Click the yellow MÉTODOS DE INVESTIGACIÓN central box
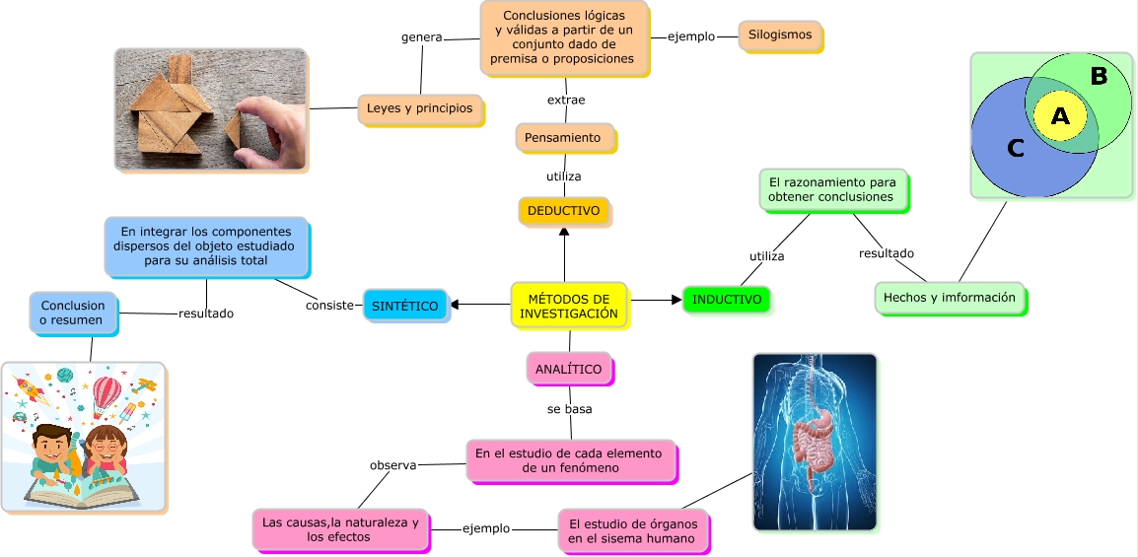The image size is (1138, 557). (569, 306)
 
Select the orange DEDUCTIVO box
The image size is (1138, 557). (563, 211)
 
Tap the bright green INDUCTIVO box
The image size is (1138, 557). (726, 300)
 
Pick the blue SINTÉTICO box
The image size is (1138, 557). (405, 306)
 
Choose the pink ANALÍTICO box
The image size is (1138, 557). (568, 369)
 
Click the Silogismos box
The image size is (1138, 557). (780, 35)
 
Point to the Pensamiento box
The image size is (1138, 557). (564, 138)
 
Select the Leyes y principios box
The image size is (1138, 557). (420, 108)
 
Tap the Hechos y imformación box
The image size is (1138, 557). (949, 298)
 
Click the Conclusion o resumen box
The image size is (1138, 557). (73, 313)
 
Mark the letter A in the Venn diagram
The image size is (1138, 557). (1060, 116)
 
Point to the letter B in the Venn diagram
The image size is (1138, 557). (1099, 76)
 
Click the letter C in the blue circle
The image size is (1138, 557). (1016, 149)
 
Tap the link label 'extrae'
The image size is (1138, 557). (566, 100)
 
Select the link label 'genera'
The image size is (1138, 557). (422, 37)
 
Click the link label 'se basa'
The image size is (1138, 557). (570, 408)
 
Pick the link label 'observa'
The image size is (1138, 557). (393, 464)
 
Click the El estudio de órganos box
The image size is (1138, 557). (633, 530)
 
